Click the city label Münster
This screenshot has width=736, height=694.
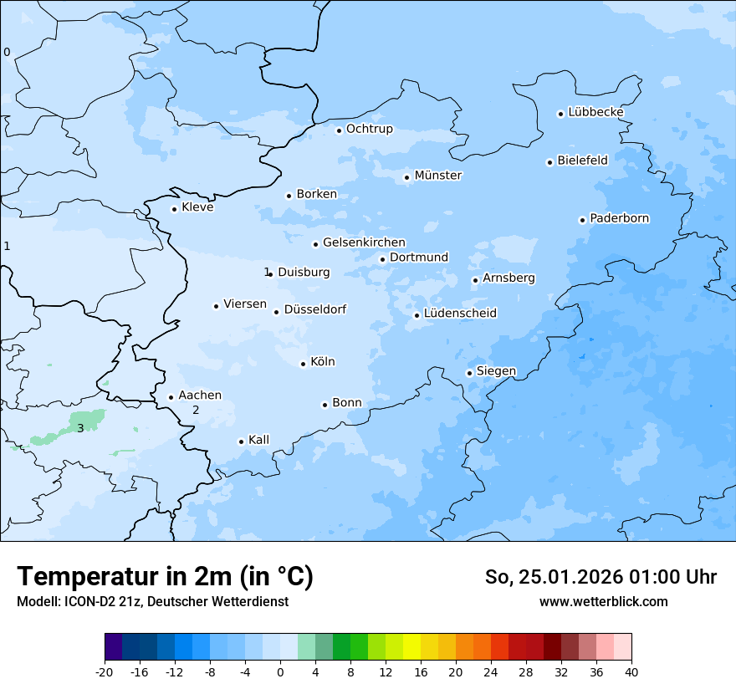(x=437, y=176)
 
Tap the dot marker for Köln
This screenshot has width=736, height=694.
(x=304, y=364)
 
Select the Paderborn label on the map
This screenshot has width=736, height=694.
(x=619, y=218)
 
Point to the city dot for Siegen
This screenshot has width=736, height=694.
(x=470, y=373)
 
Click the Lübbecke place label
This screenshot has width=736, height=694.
(x=595, y=112)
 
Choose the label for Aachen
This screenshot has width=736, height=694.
(x=200, y=395)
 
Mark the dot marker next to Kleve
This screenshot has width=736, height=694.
(x=175, y=209)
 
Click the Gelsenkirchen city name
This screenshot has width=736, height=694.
(x=364, y=242)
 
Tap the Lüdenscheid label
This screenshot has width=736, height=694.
(x=460, y=314)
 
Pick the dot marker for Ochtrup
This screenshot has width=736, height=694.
(x=340, y=130)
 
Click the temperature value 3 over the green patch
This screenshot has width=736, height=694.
(x=80, y=428)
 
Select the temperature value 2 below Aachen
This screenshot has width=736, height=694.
(x=196, y=410)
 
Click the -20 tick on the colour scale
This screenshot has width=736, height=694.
(x=105, y=671)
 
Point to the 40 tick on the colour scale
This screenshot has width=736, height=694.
(x=631, y=671)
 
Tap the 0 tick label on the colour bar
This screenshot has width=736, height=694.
(x=280, y=671)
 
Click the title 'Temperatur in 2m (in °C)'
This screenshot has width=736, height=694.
(x=165, y=577)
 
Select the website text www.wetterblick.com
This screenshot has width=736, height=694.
(x=603, y=601)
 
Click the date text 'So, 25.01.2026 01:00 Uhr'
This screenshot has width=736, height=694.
(x=601, y=577)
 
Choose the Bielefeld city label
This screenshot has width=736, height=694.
(x=582, y=160)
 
